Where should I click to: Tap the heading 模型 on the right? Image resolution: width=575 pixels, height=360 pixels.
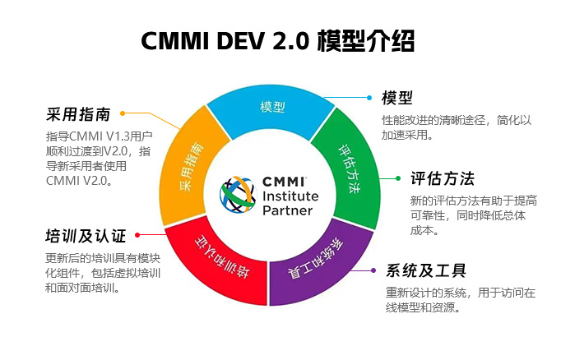point(396,98)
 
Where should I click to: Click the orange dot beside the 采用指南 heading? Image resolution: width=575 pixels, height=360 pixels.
point(123,114)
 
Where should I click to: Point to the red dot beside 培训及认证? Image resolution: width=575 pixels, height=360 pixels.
point(137,236)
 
